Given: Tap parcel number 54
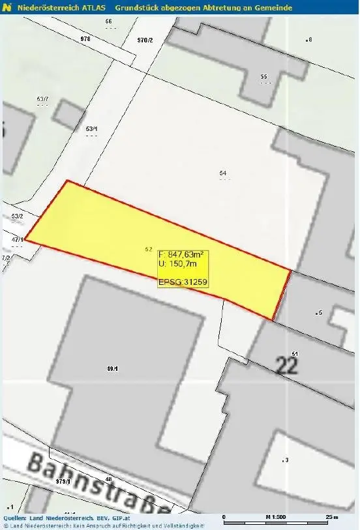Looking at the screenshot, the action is click(x=223, y=173).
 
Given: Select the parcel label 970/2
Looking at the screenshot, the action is click(x=145, y=40).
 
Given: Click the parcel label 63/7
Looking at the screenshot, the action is click(x=42, y=98).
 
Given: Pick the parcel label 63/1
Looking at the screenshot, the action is click(x=91, y=128).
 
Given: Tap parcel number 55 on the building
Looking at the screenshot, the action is click(x=263, y=77).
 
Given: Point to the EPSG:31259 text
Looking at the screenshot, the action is click(x=182, y=282).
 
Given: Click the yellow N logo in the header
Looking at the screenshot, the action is click(x=7, y=7).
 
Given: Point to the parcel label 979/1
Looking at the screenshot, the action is click(x=63, y=480).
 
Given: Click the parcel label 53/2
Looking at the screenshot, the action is click(x=17, y=216).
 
